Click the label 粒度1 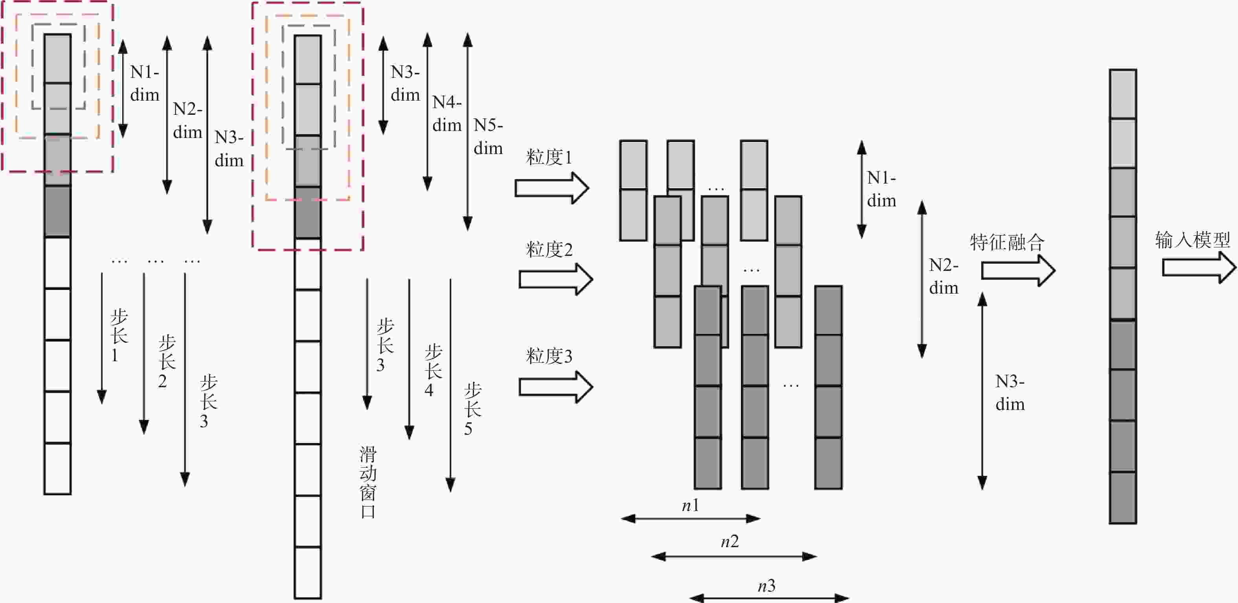[x=549, y=157]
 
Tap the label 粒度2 [x=549, y=250]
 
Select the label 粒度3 [x=549, y=356]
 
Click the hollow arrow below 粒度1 [x=552, y=188]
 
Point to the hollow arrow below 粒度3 [x=556, y=387]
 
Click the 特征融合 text [x=1007, y=241]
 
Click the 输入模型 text [x=1192, y=239]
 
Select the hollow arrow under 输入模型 [x=1199, y=267]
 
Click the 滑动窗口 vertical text [x=368, y=482]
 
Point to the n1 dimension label [x=691, y=506]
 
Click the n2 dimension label [x=729, y=542]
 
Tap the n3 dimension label [x=766, y=586]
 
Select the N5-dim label [x=488, y=136]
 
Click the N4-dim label [x=447, y=114]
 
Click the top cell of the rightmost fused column [x=1123, y=94]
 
